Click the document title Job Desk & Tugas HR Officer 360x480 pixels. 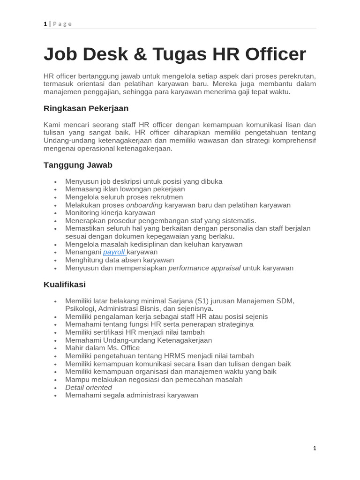coord(174,54)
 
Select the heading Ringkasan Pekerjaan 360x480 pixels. coord(86,108)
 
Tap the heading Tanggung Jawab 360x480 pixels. coord(78,165)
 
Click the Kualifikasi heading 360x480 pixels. coord(65,285)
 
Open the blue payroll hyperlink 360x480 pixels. coord(114,252)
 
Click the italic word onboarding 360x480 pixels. coord(144,205)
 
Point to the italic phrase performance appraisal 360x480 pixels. coord(204,268)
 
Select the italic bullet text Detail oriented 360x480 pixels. coord(89,387)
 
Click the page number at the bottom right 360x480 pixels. coord(315,448)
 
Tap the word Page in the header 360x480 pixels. coord(62,24)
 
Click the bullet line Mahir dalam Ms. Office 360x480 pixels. coord(102,348)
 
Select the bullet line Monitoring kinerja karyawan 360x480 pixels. coord(110,213)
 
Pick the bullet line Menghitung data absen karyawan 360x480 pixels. coord(120,260)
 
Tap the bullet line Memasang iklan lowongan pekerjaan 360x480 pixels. coord(125,189)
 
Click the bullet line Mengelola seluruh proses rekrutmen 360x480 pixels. coord(124,197)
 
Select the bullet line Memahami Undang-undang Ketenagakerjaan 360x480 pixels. coord(138,340)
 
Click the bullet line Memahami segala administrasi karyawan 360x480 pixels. coord(131,395)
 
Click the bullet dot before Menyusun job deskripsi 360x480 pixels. coord(55,182)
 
